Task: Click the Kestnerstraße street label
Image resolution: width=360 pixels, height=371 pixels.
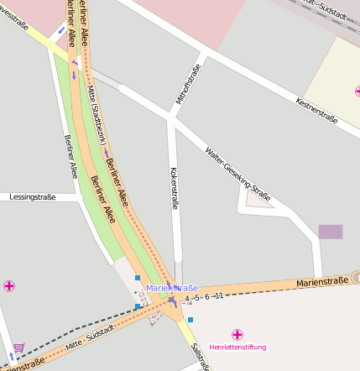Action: coord(317,110)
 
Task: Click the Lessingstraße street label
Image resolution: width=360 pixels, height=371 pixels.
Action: coord(32,197)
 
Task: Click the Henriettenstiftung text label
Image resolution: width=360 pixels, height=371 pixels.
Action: coord(238,346)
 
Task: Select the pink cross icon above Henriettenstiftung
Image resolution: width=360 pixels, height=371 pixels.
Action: coord(237,334)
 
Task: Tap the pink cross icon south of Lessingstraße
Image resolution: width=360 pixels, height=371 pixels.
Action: coord(9,286)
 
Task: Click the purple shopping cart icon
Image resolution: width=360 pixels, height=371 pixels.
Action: coord(18,347)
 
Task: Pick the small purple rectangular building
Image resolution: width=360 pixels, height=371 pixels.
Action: coord(331,232)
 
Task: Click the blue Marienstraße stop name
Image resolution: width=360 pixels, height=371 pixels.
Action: coord(172,288)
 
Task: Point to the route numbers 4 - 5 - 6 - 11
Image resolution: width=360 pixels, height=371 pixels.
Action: coord(204,297)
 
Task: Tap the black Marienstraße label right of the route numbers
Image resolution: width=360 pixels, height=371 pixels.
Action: coord(321,284)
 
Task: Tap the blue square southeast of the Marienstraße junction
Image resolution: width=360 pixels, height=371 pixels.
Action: coord(190,320)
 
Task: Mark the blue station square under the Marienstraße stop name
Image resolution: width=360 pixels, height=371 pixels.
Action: coord(171,299)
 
